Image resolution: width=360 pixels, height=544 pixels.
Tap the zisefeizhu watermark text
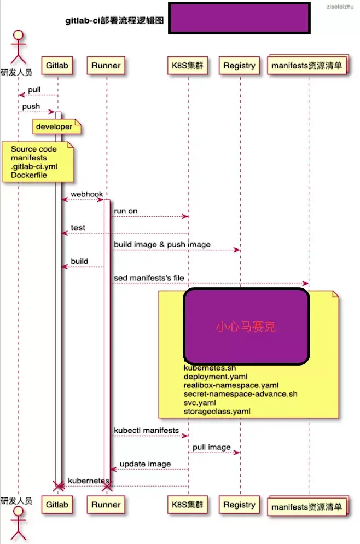pos(341,7)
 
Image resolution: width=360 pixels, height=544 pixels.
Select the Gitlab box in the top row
pos(57,66)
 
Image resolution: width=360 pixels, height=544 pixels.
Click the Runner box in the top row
pos(106,66)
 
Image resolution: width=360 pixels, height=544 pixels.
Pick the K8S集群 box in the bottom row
pos(188,505)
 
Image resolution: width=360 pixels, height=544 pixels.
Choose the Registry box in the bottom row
pos(240,505)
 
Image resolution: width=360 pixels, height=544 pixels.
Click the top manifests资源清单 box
pos(307,66)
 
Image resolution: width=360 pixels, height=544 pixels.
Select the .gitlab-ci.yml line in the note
pos(34,166)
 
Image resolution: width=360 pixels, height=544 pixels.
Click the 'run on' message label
pos(125,211)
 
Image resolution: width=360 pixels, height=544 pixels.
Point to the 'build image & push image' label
pos(162,245)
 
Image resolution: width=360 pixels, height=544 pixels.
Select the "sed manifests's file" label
pos(149,278)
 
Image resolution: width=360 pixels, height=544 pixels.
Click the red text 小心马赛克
pos(246,327)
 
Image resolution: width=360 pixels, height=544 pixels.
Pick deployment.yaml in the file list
pos(216,377)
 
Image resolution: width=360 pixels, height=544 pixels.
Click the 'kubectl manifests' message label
pos(146,431)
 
